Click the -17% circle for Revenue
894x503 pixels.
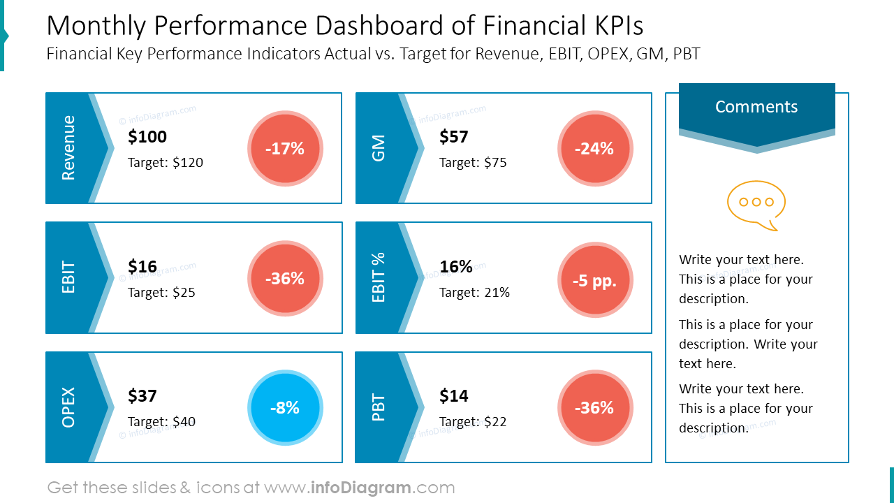pyautogui.click(x=285, y=149)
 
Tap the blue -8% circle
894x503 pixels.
pyautogui.click(x=285, y=408)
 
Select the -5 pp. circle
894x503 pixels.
pyautogui.click(x=595, y=281)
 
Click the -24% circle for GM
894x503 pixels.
pyautogui.click(x=595, y=149)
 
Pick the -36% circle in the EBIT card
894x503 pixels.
pyautogui.click(x=285, y=279)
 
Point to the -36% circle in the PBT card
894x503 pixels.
pyautogui.click(x=595, y=408)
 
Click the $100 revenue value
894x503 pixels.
pyautogui.click(x=147, y=137)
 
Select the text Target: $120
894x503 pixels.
pyautogui.click(x=166, y=163)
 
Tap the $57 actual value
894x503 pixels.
pyautogui.click(x=454, y=137)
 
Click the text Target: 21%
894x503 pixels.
pyautogui.click(x=474, y=293)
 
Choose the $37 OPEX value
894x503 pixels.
pyautogui.click(x=142, y=396)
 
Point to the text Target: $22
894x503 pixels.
pyautogui.click(x=473, y=422)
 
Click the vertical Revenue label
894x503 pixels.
pyautogui.click(x=68, y=148)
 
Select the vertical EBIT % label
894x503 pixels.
pyautogui.click(x=379, y=277)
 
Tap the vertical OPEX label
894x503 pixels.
pyautogui.click(x=68, y=407)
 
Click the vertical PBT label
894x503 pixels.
pyautogui.click(x=379, y=407)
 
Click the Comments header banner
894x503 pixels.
pyautogui.click(x=756, y=108)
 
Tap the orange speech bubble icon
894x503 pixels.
pyautogui.click(x=756, y=205)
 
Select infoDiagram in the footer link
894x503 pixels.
pyautogui.click(x=360, y=488)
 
